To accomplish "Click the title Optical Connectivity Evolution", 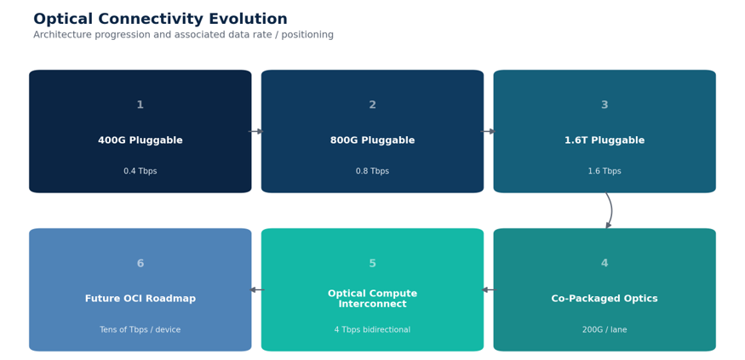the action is (160, 19).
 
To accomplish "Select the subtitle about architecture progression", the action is (183, 35).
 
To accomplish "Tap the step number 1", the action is (140, 105).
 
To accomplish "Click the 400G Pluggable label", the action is (140, 140).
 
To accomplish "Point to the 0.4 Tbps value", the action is (140, 171).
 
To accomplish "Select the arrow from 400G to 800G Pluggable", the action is (255, 132).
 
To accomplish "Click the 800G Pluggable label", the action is (373, 140).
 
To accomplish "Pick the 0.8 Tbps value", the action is (373, 171).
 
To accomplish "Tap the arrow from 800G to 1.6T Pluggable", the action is (488, 132).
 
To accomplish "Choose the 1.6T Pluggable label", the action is (605, 140).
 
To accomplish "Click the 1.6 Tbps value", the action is (605, 171).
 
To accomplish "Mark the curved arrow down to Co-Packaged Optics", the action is (611, 210).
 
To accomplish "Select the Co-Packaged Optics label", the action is (605, 298).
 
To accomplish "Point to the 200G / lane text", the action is (605, 329).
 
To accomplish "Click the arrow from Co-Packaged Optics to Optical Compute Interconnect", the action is (488, 289).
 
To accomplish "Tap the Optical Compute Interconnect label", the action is (373, 299).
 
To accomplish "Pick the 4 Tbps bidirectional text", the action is (373, 329).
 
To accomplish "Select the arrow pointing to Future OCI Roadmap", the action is (256, 289).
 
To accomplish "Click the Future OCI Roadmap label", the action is (140, 298).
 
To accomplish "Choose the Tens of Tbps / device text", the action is (140, 329).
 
